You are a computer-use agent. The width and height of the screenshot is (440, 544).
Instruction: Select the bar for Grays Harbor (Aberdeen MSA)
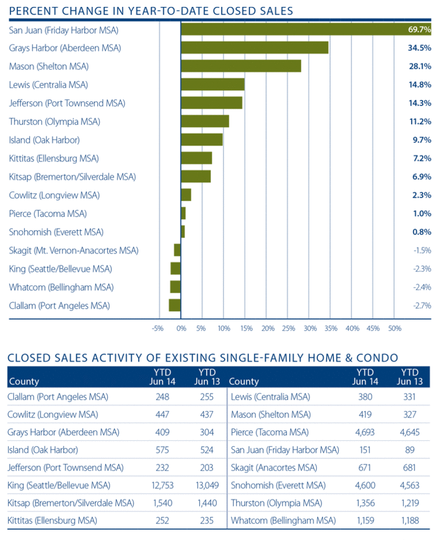[x=255, y=47]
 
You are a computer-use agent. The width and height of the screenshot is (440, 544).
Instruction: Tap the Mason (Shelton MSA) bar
[x=241, y=66]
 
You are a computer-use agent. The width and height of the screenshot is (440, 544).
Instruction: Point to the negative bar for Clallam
[x=175, y=305]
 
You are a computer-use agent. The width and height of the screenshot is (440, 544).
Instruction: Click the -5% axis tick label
[x=157, y=328]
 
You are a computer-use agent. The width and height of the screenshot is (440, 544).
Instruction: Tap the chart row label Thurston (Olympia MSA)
[x=54, y=122]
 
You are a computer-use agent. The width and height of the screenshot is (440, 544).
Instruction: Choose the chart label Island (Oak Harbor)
[x=44, y=140]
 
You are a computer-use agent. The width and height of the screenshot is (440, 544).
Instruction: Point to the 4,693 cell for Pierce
[x=365, y=432]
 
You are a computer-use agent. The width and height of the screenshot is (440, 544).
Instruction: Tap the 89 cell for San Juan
[x=409, y=450]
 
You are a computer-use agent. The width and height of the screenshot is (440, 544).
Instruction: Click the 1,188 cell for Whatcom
[x=409, y=521]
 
